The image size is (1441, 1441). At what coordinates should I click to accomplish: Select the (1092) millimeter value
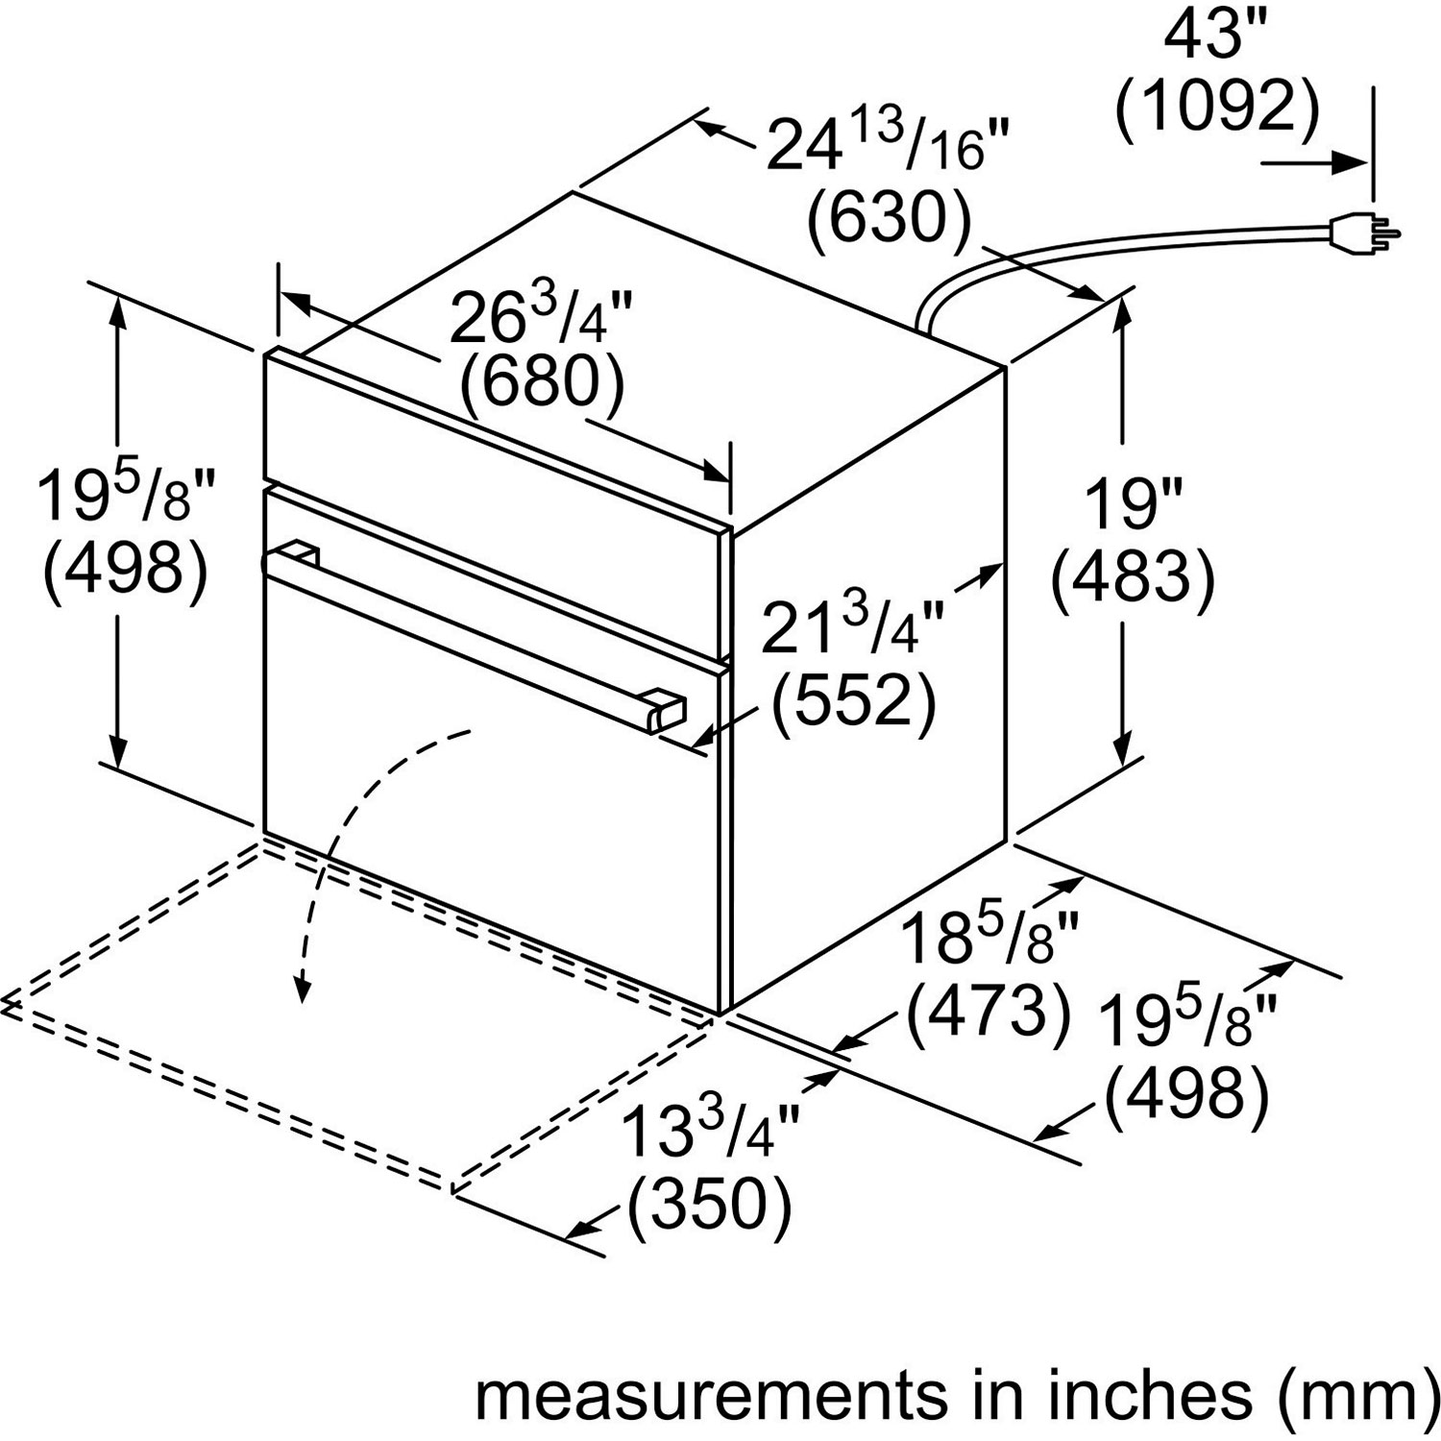point(1217,109)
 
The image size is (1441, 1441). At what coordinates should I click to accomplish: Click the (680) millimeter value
point(543,384)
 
